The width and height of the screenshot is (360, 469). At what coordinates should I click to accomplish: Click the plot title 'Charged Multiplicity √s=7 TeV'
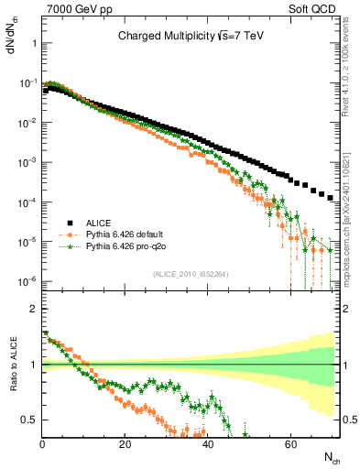click(x=191, y=37)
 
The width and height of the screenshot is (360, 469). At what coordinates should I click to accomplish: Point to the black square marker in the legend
click(x=68, y=222)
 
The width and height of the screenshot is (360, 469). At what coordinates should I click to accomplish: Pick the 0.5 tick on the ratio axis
click(x=29, y=420)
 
